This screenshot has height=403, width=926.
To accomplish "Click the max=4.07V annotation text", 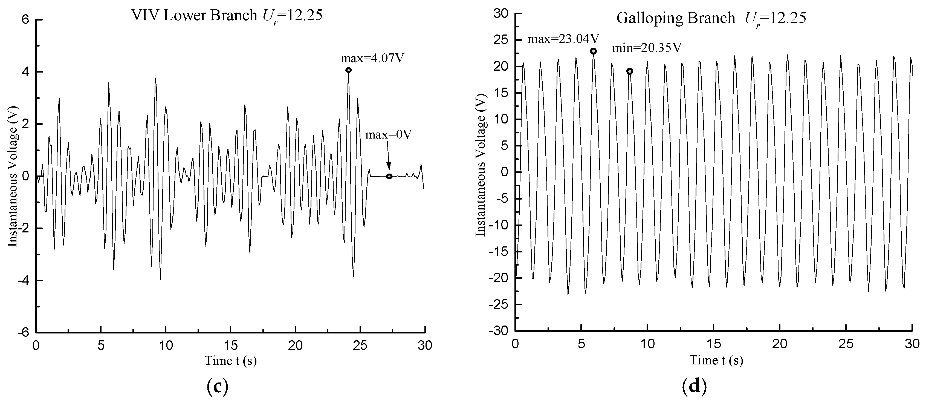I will (372, 58).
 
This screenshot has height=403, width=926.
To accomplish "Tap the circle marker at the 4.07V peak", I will (348, 70).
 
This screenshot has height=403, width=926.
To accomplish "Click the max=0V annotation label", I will (389, 135).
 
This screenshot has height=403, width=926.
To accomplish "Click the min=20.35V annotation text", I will (647, 48).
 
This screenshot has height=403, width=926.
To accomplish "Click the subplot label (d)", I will (694, 387).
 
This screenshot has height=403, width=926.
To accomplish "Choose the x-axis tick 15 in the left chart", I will (230, 346).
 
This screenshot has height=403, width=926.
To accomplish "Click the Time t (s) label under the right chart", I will (716, 361).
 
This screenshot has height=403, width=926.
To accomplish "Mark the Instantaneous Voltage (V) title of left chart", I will (13, 176).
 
